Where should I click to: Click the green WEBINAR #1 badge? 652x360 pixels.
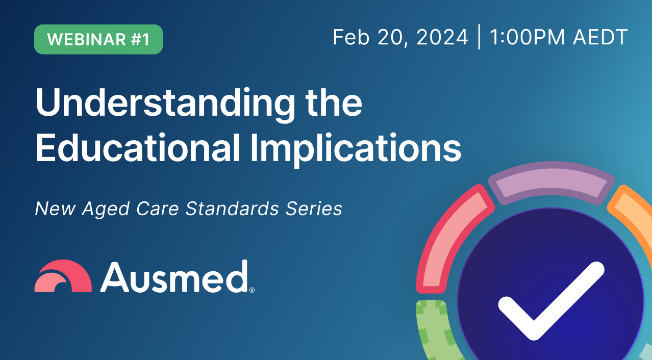click(x=98, y=39)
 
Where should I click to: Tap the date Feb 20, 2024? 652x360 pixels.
click(x=400, y=38)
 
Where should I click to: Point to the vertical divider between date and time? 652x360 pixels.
click(x=479, y=38)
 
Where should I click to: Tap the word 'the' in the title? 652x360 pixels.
click(x=333, y=103)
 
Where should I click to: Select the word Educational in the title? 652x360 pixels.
click(x=138, y=148)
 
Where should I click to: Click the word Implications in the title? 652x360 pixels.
click(x=355, y=148)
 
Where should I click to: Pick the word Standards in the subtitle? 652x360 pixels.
click(x=230, y=209)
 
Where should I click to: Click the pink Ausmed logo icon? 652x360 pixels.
click(x=63, y=277)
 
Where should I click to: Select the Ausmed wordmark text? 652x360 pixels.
click(x=173, y=277)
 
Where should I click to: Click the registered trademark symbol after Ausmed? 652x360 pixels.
click(x=252, y=290)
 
